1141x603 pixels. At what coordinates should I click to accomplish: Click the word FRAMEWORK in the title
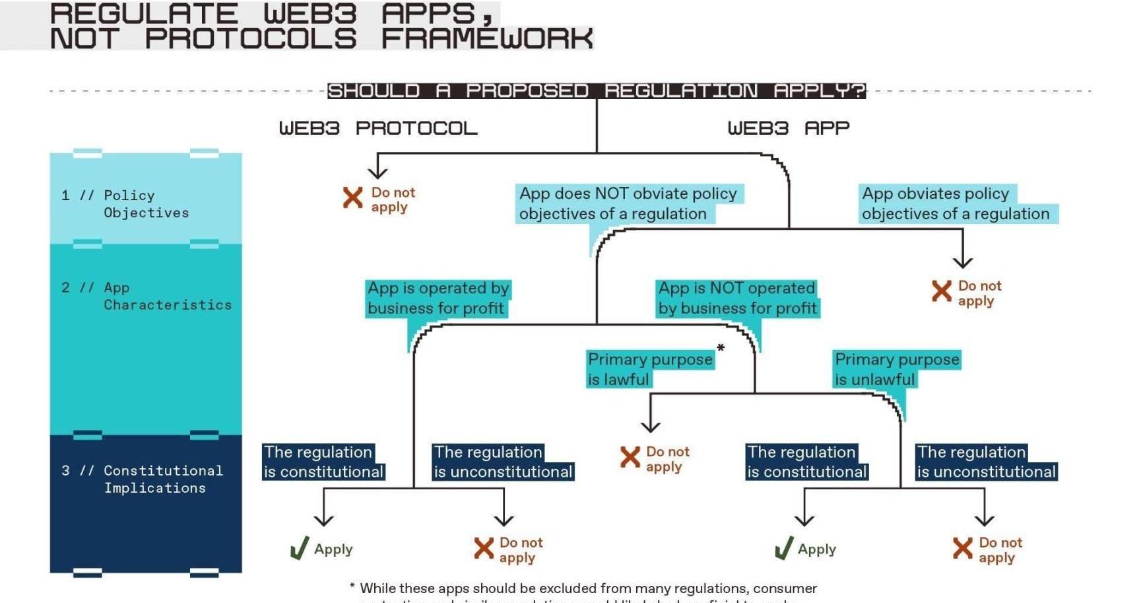pyautogui.click(x=486, y=39)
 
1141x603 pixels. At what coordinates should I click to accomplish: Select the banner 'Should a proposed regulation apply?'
pyautogui.click(x=596, y=90)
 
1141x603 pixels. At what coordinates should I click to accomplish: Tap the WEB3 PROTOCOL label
pyautogui.click(x=377, y=128)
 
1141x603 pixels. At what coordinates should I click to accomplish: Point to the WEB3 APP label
pyautogui.click(x=788, y=128)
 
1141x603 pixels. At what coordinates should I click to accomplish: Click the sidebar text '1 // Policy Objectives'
pyautogui.click(x=125, y=204)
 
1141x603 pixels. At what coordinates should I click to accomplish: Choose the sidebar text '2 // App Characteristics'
pyautogui.click(x=147, y=297)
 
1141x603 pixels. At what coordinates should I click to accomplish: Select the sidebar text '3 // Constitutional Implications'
pyautogui.click(x=143, y=479)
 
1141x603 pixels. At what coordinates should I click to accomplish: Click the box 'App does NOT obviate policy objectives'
pyautogui.click(x=628, y=203)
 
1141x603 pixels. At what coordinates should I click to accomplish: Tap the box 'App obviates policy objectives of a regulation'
pyautogui.click(x=955, y=203)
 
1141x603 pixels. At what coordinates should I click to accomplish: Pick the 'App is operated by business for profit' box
pyautogui.click(x=438, y=298)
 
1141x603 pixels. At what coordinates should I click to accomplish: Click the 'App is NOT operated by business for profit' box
pyautogui.click(x=736, y=298)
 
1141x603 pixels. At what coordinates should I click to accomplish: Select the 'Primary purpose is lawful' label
pyautogui.click(x=649, y=369)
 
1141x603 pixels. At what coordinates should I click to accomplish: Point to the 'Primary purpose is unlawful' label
pyautogui.click(x=896, y=369)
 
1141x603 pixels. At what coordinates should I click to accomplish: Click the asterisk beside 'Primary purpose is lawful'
pyautogui.click(x=721, y=348)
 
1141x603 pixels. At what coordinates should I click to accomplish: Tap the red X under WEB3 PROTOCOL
pyautogui.click(x=352, y=197)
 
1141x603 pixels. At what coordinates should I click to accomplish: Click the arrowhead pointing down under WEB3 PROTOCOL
pyautogui.click(x=377, y=173)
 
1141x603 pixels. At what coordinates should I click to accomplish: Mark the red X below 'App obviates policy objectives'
pyautogui.click(x=941, y=291)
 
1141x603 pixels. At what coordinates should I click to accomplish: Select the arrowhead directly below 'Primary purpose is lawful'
pyautogui.click(x=651, y=427)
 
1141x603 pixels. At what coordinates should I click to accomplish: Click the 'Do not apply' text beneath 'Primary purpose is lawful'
pyautogui.click(x=667, y=459)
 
